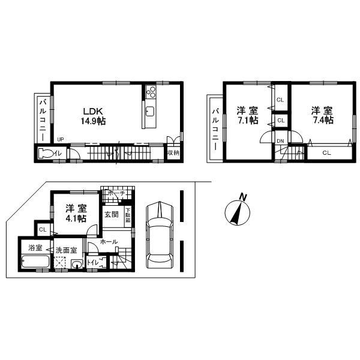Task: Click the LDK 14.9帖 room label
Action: pyautogui.click(x=94, y=116)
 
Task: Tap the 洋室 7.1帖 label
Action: pyautogui.click(x=247, y=115)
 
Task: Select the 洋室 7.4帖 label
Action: pyautogui.click(x=322, y=115)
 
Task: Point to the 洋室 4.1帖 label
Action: pyautogui.click(x=76, y=214)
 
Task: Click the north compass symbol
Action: pyautogui.click(x=238, y=211)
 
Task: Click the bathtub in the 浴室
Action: pyautogui.click(x=36, y=262)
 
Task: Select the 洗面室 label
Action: pyautogui.click(x=66, y=250)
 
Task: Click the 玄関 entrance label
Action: pyautogui.click(x=112, y=214)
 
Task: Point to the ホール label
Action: pyautogui.click(x=109, y=242)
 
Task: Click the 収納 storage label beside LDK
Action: pyautogui.click(x=173, y=153)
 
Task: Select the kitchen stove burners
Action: pyautogui.click(x=150, y=93)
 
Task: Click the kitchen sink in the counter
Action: pyautogui.click(x=149, y=112)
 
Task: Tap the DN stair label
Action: pyautogui.click(x=280, y=141)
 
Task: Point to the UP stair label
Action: pyautogui.click(x=60, y=141)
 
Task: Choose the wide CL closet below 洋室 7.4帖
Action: pyautogui.click(x=326, y=153)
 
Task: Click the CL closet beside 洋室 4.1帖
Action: pyautogui.click(x=43, y=229)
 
